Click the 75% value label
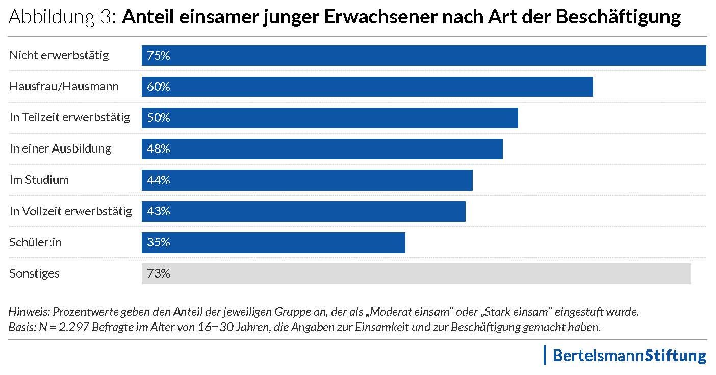(x=158, y=56)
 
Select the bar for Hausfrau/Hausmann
(x=367, y=87)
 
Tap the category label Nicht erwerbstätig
(x=59, y=55)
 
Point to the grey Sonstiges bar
(x=416, y=273)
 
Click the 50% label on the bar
(x=158, y=118)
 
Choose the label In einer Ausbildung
(x=60, y=149)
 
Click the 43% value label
(x=158, y=211)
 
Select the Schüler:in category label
(x=35, y=242)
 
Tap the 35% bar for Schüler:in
(x=273, y=242)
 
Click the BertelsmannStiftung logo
(x=629, y=355)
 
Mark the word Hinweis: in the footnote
(x=30, y=311)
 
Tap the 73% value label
(x=158, y=273)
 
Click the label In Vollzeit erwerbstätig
(x=71, y=211)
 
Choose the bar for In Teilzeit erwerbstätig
(x=329, y=118)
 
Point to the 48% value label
(x=158, y=149)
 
